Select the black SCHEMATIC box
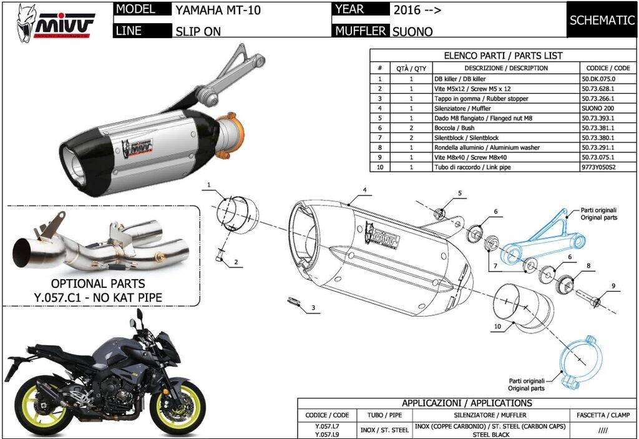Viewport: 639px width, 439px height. pyautogui.click(x=602, y=20)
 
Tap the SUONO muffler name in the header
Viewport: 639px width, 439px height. pyautogui.click(x=412, y=31)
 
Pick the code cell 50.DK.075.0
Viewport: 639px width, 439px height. pyautogui.click(x=598, y=79)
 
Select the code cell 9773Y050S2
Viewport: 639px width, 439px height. pyautogui.click(x=598, y=167)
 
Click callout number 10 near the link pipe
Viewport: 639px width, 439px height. pyautogui.click(x=497, y=327)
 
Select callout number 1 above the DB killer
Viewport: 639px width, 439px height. pyautogui.click(x=210, y=184)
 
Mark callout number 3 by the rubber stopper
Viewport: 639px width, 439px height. pyautogui.click(x=313, y=307)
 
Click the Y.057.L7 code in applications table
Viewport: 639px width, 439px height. pyautogui.click(x=323, y=426)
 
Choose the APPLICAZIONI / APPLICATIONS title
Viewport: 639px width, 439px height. pyautogui.click(x=467, y=403)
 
